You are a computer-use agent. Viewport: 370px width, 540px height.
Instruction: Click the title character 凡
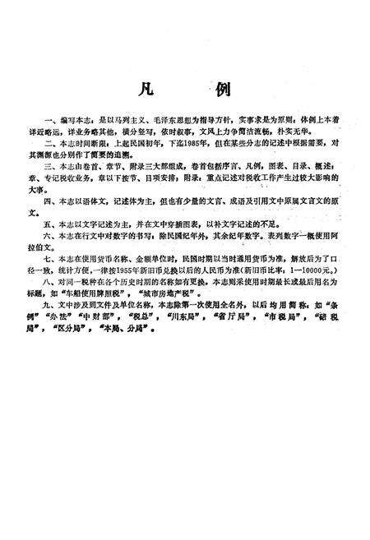[146, 88]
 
